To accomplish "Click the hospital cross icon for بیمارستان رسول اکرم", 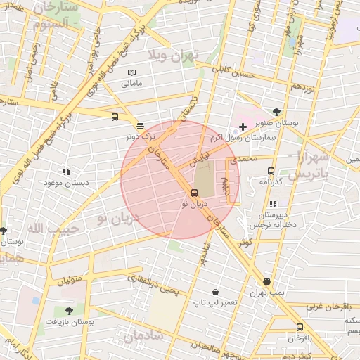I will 243,127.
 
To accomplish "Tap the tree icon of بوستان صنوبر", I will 276,112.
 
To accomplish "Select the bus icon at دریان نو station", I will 194,192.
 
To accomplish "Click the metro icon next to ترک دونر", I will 140,126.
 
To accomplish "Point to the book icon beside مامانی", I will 131,72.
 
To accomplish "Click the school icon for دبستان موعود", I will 66,171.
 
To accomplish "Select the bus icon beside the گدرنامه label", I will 271,170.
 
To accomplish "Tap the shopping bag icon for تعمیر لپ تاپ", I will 214,292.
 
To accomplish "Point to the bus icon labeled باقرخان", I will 300,327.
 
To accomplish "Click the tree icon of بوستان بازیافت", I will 68,310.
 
